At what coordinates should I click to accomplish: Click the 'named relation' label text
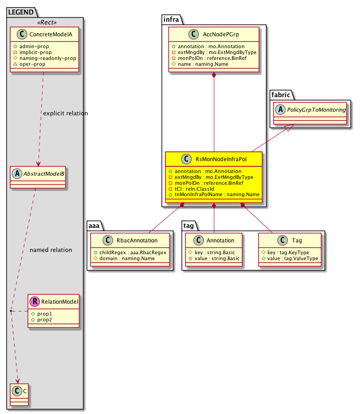click(50, 250)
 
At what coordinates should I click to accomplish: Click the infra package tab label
click(172, 19)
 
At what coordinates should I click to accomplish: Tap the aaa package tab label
click(94, 225)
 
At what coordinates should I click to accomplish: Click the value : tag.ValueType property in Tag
click(289, 258)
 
